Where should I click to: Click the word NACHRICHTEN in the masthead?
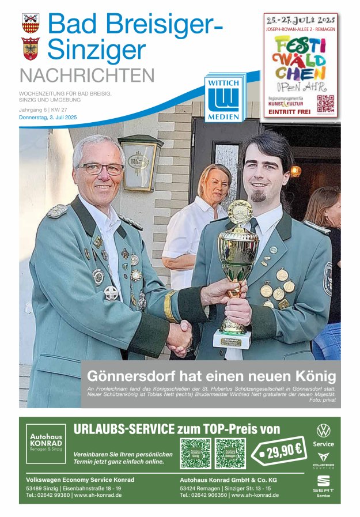point(87,76)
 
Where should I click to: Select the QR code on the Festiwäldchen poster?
point(325,104)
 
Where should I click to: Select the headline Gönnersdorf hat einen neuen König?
point(211,376)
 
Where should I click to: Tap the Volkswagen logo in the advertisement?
point(323,431)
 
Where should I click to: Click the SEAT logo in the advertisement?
point(323,483)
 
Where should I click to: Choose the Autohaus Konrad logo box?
point(46,444)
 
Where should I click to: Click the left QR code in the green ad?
point(195,453)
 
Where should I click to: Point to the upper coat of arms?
point(31,23)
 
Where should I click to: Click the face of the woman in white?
point(215,183)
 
